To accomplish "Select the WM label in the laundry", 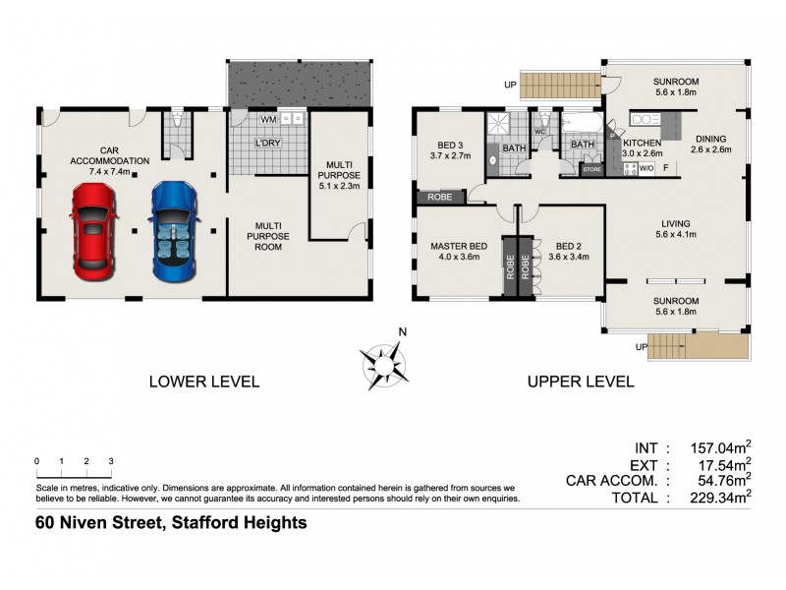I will [267, 120].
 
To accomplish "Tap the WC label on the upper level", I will [539, 131].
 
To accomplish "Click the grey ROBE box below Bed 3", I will [439, 198].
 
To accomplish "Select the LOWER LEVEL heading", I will [203, 381].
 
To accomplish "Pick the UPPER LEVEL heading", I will [582, 381].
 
